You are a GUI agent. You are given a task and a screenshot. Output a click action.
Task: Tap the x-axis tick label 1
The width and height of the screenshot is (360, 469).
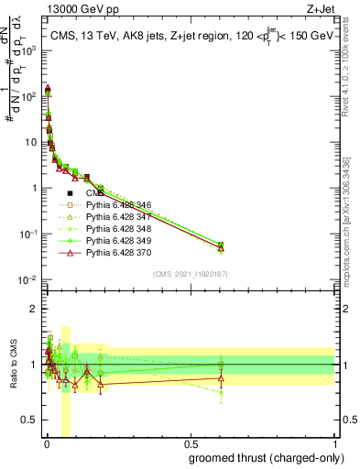click(334, 445)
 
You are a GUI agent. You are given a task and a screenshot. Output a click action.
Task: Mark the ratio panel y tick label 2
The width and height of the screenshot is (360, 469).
click(34, 309)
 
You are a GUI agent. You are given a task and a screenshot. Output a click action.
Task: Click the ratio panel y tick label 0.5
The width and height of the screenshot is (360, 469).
click(29, 421)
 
